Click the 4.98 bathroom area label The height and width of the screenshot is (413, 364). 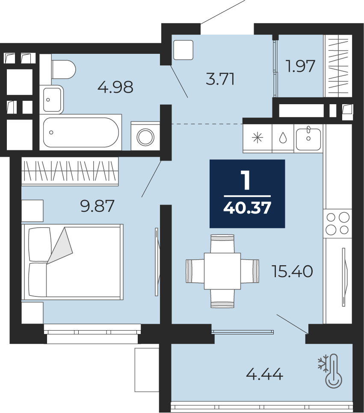click(x=115, y=87)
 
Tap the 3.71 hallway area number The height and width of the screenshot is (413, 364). click(x=220, y=79)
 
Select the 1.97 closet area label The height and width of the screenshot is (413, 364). click(x=301, y=66)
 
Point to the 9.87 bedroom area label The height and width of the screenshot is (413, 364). click(x=98, y=206)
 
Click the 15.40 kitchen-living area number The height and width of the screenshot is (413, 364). click(x=292, y=272)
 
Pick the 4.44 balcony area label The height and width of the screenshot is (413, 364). click(x=265, y=374)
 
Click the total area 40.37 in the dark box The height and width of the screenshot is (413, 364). click(x=247, y=208)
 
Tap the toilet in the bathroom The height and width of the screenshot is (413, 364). click(x=64, y=69)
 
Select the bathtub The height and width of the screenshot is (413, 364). click(x=81, y=132)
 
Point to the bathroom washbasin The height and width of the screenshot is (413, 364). click(x=53, y=100)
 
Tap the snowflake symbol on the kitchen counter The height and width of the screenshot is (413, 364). click(x=257, y=138)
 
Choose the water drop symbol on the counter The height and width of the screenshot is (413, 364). click(x=283, y=138)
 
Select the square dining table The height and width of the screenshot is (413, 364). click(x=222, y=271)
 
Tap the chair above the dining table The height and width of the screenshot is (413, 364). click(x=222, y=243)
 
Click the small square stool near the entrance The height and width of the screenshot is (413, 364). click(x=183, y=50)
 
